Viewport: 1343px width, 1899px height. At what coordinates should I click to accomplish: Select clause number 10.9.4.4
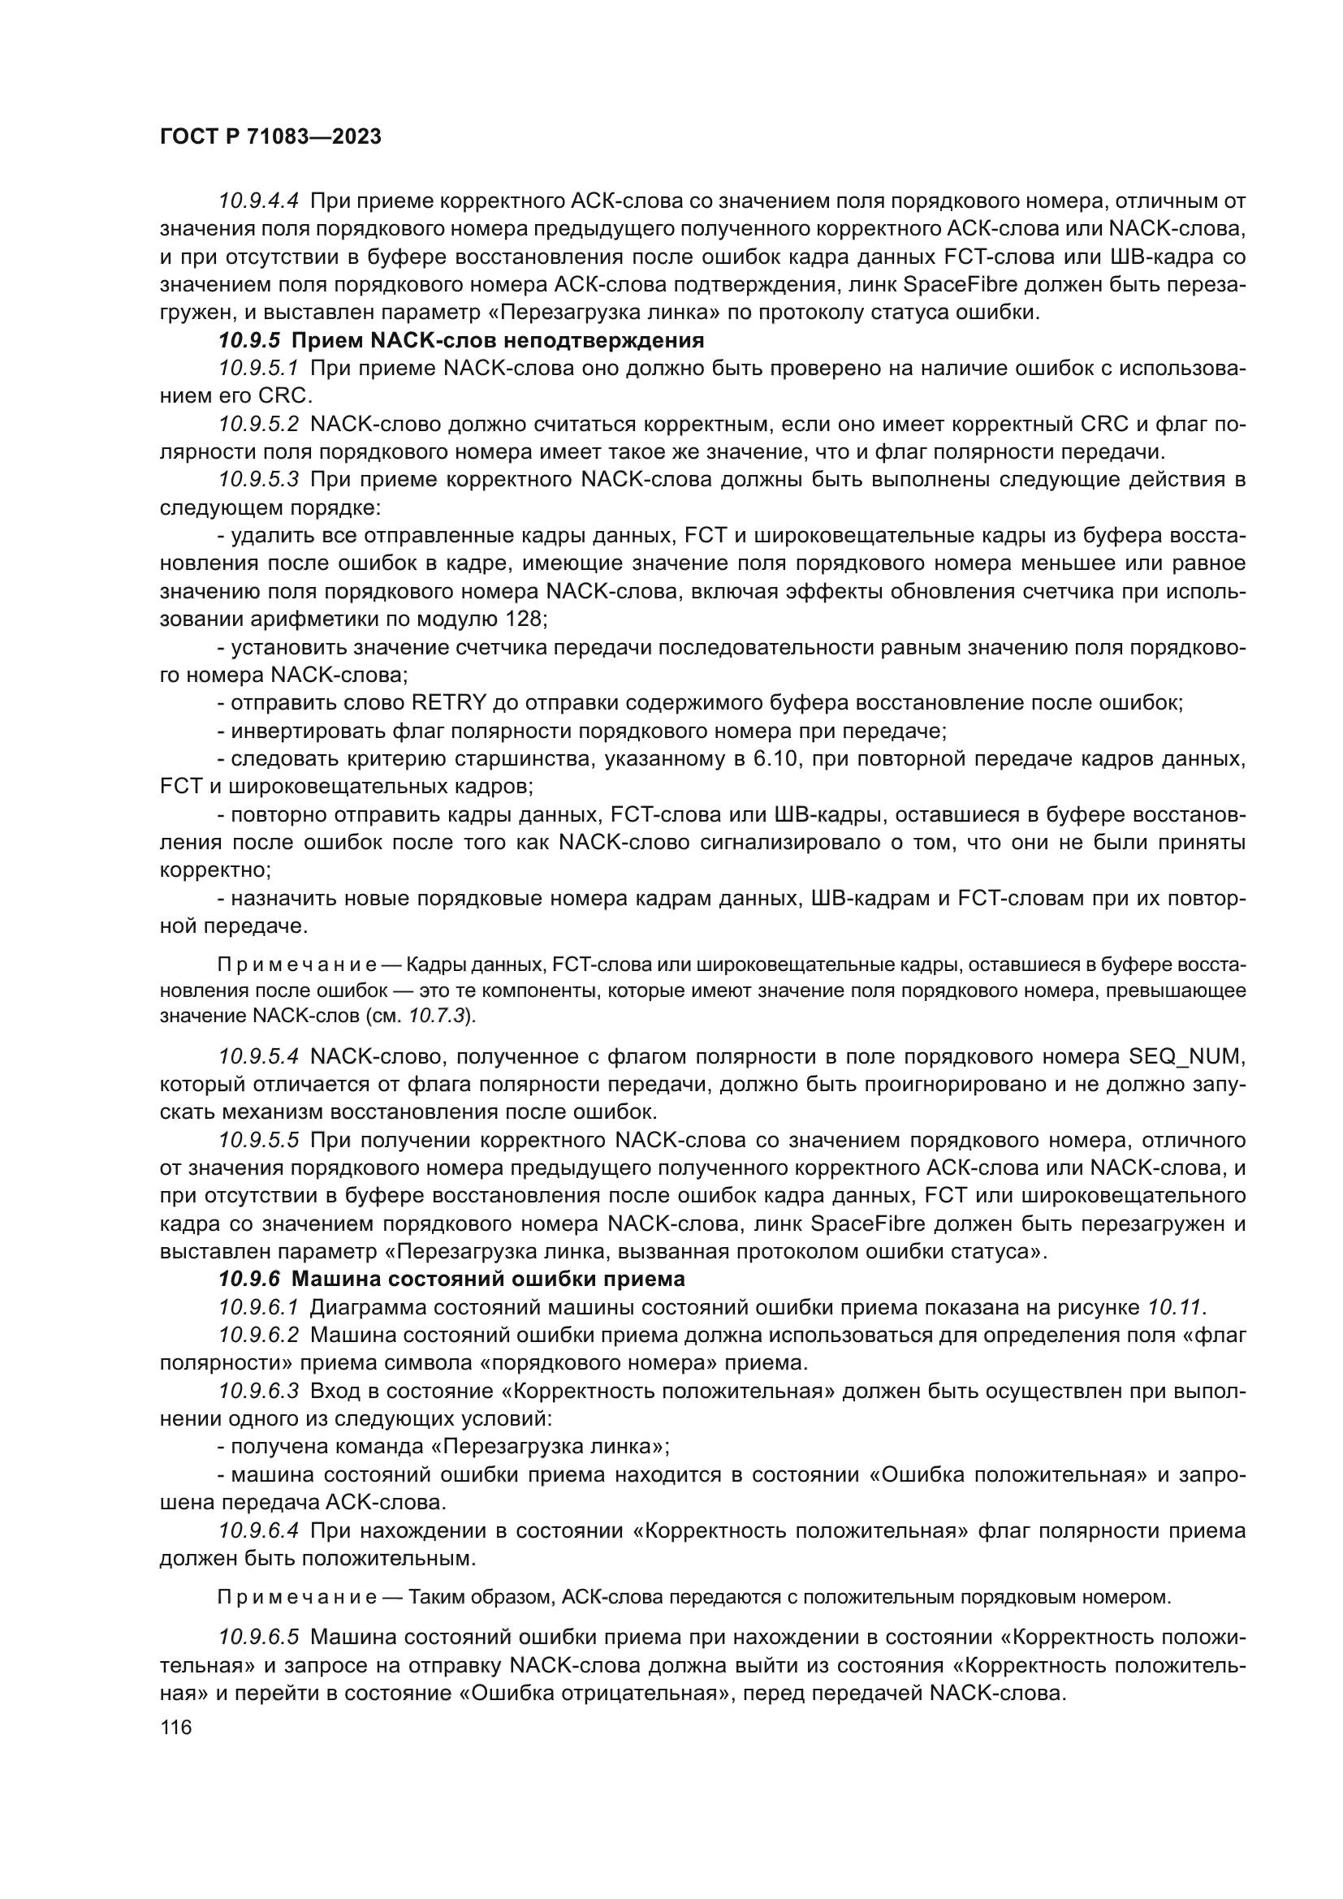pyautogui.click(x=259, y=201)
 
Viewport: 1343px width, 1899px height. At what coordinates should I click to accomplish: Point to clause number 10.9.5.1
pyautogui.click(x=259, y=368)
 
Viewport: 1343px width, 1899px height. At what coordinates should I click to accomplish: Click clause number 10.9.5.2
pyautogui.click(x=259, y=425)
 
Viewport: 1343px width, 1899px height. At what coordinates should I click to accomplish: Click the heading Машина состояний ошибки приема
pyautogui.click(x=488, y=1280)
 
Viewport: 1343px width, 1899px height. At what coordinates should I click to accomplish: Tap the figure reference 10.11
pyautogui.click(x=1174, y=1308)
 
